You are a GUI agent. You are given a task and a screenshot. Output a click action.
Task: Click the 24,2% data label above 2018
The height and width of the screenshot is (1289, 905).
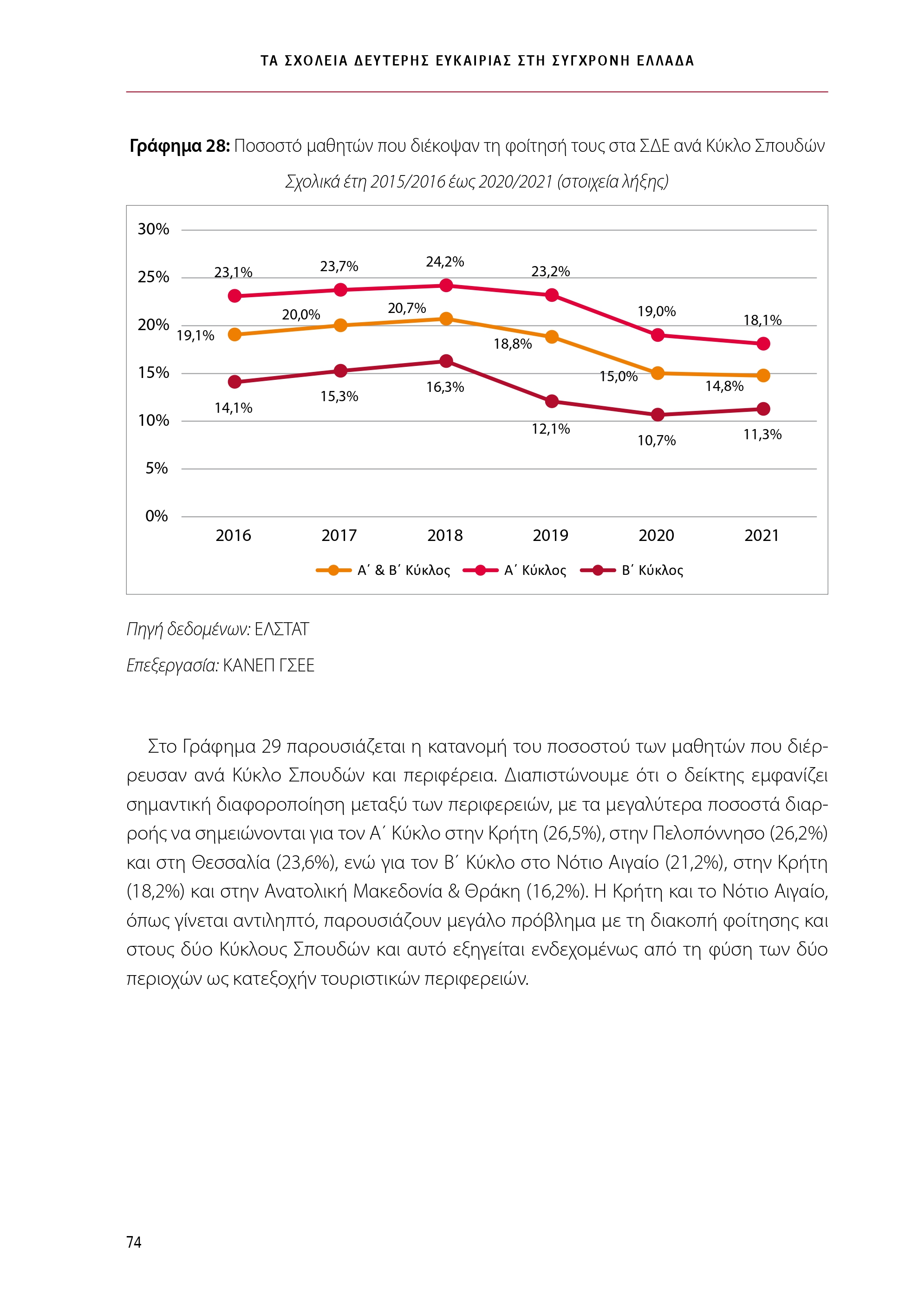tap(445, 261)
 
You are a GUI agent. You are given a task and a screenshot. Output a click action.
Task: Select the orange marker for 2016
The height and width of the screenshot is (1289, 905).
tap(234, 335)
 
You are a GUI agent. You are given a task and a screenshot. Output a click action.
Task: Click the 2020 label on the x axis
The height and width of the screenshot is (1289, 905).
tap(656, 535)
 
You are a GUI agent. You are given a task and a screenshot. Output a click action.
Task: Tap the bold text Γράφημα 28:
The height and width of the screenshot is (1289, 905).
tap(180, 146)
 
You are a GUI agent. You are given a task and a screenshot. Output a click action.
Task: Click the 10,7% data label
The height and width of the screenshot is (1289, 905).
tap(656, 441)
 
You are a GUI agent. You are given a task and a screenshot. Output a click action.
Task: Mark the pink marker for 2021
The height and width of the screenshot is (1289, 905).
tap(763, 344)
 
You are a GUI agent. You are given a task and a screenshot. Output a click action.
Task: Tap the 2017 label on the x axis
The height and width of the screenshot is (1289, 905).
tap(339, 535)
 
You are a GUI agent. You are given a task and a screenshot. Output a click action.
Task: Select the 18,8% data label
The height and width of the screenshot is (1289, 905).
tap(513, 344)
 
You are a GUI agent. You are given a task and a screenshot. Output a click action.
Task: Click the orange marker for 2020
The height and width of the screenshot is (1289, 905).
tap(658, 373)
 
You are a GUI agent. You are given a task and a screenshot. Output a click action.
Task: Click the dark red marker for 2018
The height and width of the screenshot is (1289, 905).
tap(446, 361)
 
